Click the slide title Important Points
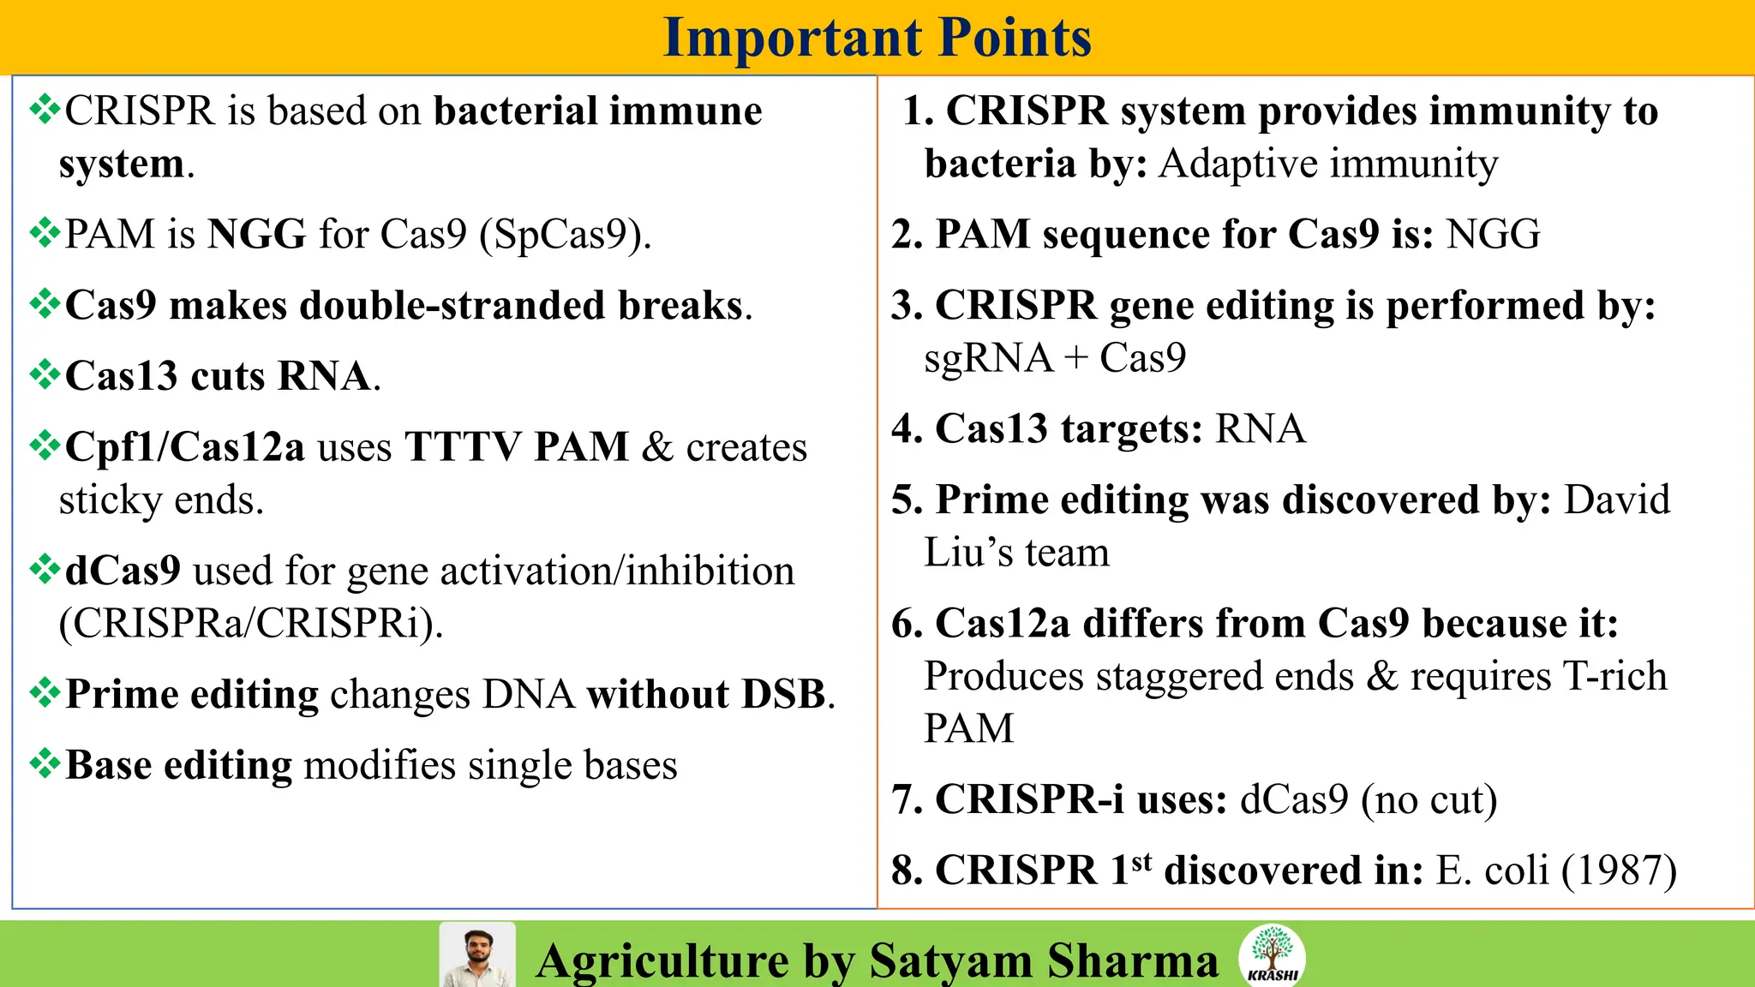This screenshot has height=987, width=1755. [x=877, y=38]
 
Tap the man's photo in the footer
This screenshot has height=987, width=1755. [x=477, y=955]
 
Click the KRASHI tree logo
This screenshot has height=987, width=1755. [x=1272, y=954]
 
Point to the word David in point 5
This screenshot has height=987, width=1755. [x=1617, y=499]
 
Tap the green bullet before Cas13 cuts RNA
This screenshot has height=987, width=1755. [x=45, y=374]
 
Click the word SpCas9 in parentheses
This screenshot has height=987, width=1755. [x=560, y=235]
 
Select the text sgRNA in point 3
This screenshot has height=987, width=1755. [x=988, y=357]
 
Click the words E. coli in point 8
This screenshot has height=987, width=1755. [x=1492, y=870]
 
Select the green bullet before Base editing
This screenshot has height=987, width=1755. [x=45, y=763]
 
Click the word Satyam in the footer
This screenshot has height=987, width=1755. [x=950, y=960]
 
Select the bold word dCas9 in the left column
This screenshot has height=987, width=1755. [x=123, y=571]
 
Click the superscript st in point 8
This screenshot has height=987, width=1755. [x=1141, y=861]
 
